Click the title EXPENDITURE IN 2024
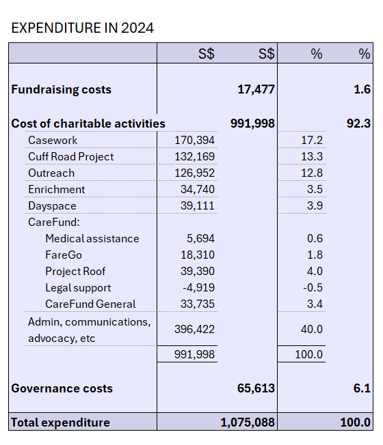tap(83, 28)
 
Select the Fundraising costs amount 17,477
tap(256, 89)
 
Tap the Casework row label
tap(53, 140)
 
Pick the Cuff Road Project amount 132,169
tap(194, 157)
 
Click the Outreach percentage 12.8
tap(312, 173)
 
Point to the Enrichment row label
tap(56, 189)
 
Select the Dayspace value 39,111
tap(198, 205)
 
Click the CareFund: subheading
tap(54, 222)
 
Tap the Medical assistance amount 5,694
tap(200, 238)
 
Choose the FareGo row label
tap(64, 255)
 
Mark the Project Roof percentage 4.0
tap(315, 272)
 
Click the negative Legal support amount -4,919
tap(198, 287)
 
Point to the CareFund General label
tap(90, 304)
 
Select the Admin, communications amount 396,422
tap(194, 329)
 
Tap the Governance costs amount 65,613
tap(256, 388)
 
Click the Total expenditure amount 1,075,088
tap(248, 422)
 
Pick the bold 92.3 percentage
tap(358, 124)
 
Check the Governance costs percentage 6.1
tap(362, 388)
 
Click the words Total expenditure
tap(61, 422)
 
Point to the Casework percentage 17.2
tap(312, 140)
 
